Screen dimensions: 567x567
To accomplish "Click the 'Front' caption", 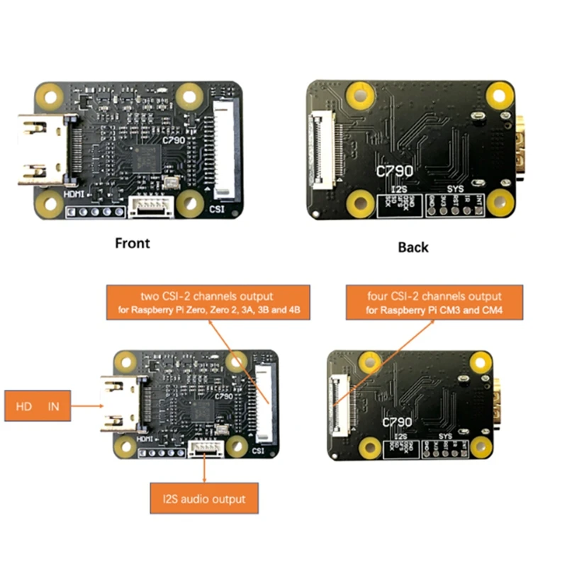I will coord(133,243).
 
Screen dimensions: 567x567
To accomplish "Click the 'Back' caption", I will coord(412,247).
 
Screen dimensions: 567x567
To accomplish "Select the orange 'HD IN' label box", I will coord(38,406).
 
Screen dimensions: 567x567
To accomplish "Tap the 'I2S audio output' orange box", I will coord(204,498).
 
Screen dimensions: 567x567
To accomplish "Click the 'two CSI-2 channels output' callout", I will coord(208,303).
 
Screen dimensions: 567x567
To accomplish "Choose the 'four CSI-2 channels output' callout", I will coord(434,303).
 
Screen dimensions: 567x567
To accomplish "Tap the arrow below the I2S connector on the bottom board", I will coord(205,468).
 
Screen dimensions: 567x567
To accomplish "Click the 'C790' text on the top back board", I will coord(395,171).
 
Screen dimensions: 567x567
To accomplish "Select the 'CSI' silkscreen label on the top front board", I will coord(217,209).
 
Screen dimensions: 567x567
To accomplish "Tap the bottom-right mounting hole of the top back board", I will coord(500,203).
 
